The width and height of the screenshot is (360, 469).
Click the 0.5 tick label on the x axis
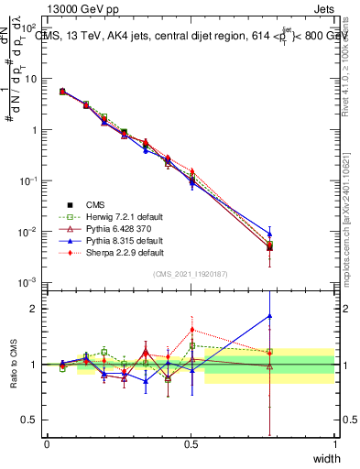pyautogui.click(x=191, y=444)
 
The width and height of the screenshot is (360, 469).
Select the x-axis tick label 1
pyautogui.click(x=334, y=444)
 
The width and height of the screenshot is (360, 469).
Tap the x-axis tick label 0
pyautogui.click(x=47, y=444)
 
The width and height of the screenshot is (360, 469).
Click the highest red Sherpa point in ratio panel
pyautogui.click(x=191, y=330)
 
